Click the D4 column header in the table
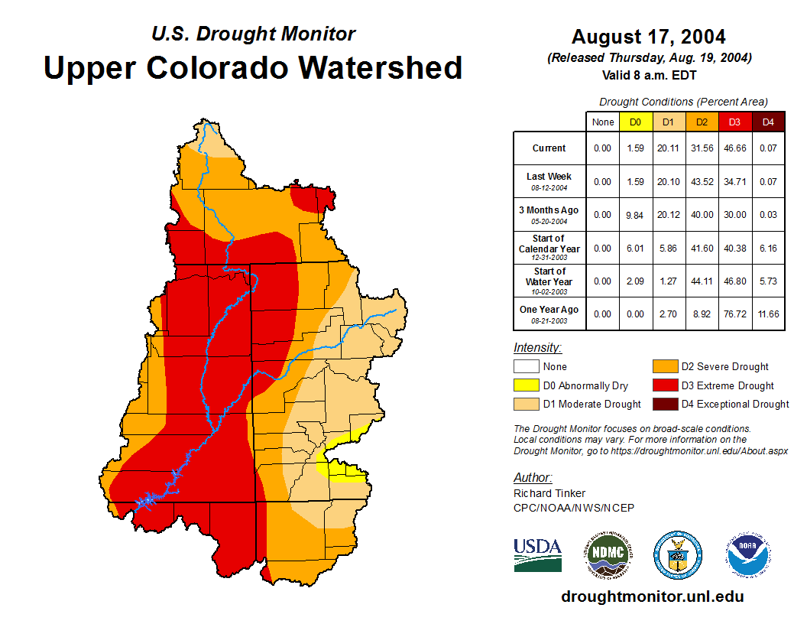point(768,122)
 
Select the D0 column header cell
point(635,122)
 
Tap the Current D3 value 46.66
point(735,148)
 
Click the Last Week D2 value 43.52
point(702,181)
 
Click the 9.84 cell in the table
point(635,215)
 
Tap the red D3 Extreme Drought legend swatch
point(664,385)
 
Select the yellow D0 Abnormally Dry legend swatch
point(526,385)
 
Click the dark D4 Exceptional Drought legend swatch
point(664,404)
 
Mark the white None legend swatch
point(526,367)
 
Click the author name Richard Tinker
point(549,493)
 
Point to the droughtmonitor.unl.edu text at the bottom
point(652,596)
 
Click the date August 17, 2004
point(648,37)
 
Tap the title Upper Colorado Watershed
point(253,67)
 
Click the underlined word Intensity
point(537,348)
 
